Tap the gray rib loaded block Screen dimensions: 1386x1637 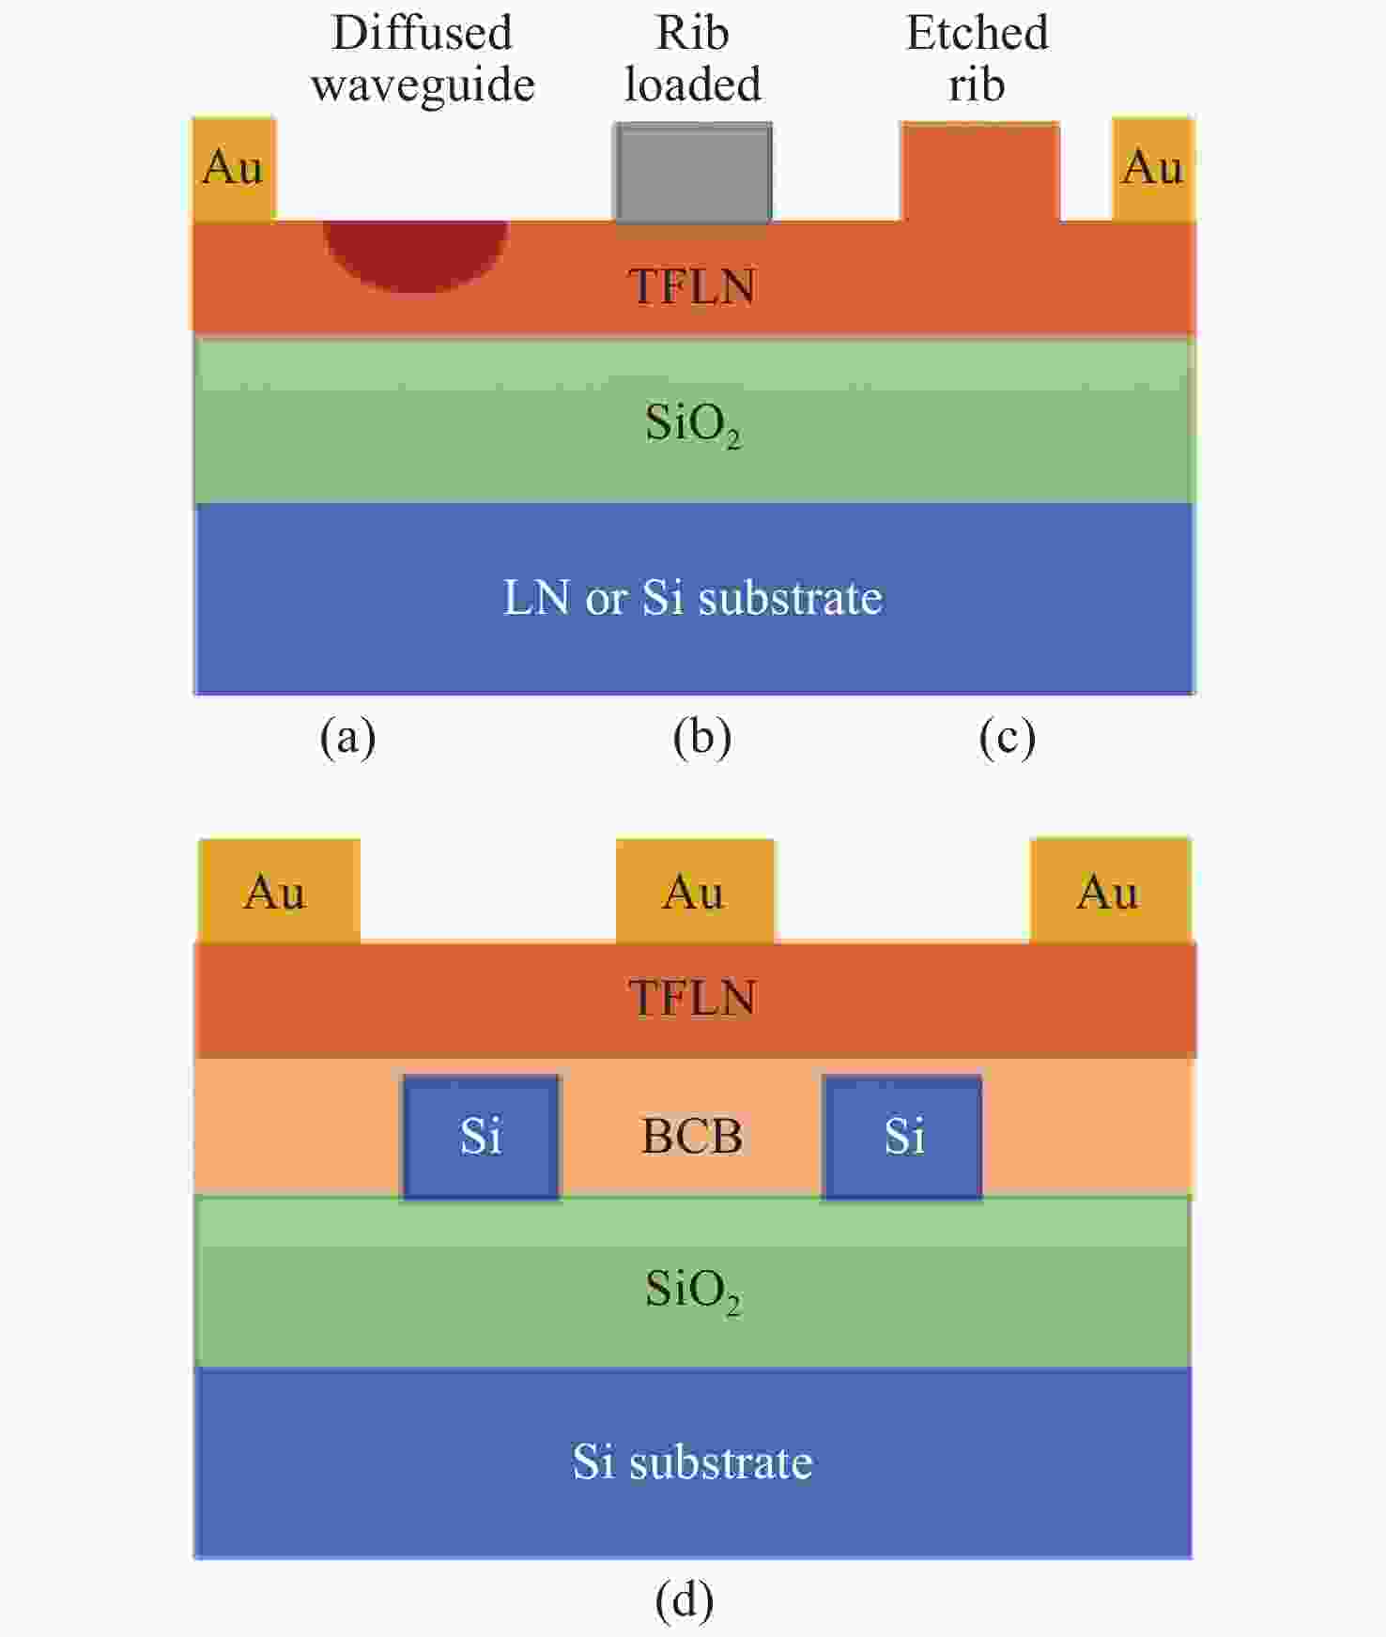click(x=693, y=173)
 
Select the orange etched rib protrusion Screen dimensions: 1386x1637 click(x=980, y=172)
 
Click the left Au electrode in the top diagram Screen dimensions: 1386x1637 click(x=234, y=169)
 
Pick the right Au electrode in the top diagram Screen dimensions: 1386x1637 click(x=1153, y=169)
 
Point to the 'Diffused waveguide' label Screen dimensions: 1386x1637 click(x=423, y=58)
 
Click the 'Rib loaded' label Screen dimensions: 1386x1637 click(x=693, y=58)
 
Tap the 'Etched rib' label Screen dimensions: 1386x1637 click(x=977, y=58)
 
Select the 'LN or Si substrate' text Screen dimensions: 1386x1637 click(x=693, y=597)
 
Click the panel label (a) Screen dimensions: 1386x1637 click(x=347, y=737)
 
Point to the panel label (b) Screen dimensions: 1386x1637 click(x=702, y=737)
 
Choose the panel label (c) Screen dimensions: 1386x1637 click(x=1007, y=737)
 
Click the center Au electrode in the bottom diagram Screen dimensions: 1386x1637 click(x=695, y=890)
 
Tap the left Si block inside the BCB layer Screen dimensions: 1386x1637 click(x=481, y=1137)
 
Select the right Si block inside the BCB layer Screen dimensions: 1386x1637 click(x=902, y=1137)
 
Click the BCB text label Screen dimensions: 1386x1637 click(x=692, y=1136)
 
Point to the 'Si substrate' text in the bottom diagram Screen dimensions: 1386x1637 click(x=693, y=1461)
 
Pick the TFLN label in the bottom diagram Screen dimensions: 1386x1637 click(x=693, y=998)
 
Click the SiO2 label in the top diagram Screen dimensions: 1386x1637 click(x=693, y=424)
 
